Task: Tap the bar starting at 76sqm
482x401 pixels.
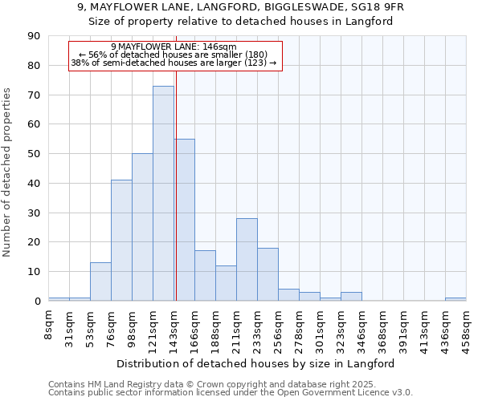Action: [121, 241]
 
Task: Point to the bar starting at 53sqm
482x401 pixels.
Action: [100, 282]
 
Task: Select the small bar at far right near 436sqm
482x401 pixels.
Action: [455, 299]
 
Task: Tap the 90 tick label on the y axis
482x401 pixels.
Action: [34, 36]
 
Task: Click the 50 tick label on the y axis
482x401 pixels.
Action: [34, 154]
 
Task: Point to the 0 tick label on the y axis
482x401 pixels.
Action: [37, 302]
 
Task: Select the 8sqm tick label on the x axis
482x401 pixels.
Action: [49, 326]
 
